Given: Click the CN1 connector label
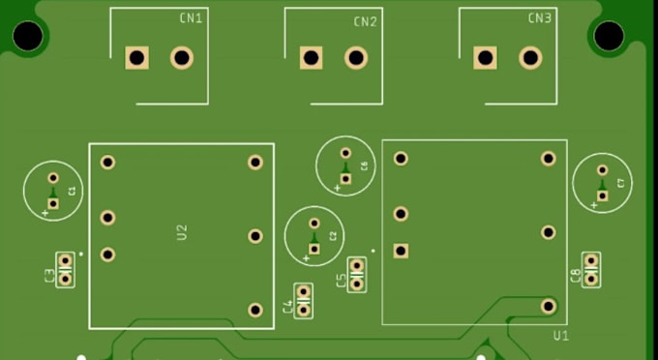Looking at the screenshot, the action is [x=191, y=18].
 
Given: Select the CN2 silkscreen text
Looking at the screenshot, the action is [x=365, y=21].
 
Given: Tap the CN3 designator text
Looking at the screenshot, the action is [x=540, y=18].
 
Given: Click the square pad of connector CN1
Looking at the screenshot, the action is [x=137, y=58].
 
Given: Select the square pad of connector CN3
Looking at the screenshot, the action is [x=485, y=58].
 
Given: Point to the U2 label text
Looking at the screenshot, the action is [x=182, y=232].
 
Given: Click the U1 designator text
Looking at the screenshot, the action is [x=559, y=335].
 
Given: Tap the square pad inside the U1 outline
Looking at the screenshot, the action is [x=401, y=251].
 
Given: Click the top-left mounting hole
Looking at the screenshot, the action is [x=28, y=37].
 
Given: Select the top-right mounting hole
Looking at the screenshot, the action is [x=609, y=37].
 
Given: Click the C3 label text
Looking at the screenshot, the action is [x=49, y=276].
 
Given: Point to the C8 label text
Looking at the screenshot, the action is [x=576, y=277].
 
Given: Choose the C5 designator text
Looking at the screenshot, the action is [x=341, y=282].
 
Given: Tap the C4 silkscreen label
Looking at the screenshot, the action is [x=287, y=307].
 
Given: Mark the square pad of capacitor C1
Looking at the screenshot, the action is [x=54, y=203].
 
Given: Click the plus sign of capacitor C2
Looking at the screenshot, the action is [x=306, y=258].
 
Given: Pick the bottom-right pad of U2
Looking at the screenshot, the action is [x=255, y=310].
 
